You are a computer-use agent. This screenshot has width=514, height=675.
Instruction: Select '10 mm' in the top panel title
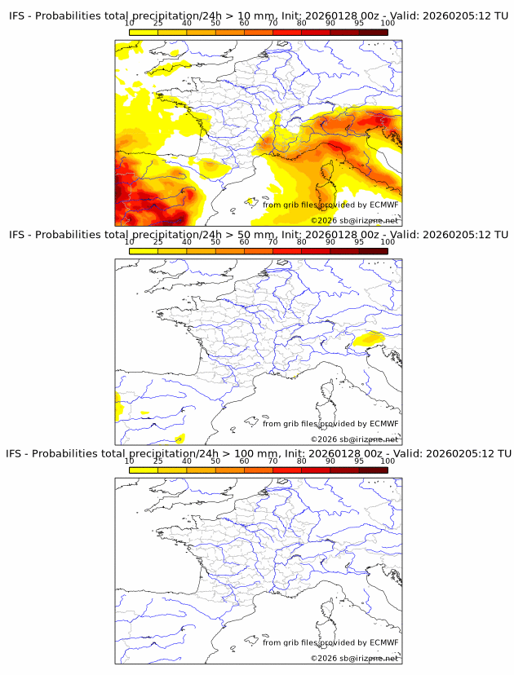[x=254, y=15]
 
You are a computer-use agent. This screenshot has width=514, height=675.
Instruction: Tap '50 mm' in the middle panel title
[x=254, y=235]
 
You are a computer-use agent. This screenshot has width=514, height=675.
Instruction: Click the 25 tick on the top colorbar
[x=158, y=23]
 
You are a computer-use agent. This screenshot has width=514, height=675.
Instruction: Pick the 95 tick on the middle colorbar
[x=359, y=242]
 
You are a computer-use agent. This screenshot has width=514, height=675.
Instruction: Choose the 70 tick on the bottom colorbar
[x=273, y=461]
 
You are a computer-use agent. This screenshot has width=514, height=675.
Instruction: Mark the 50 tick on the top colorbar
[x=215, y=23]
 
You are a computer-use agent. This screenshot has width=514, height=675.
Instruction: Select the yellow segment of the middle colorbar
[x=144, y=251]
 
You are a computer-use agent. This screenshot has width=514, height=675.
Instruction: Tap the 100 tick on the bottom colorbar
[x=388, y=461]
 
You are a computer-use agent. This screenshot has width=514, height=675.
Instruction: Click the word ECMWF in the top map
[x=383, y=205]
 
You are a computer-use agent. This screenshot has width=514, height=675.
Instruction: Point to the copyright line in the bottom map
[x=354, y=658]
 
